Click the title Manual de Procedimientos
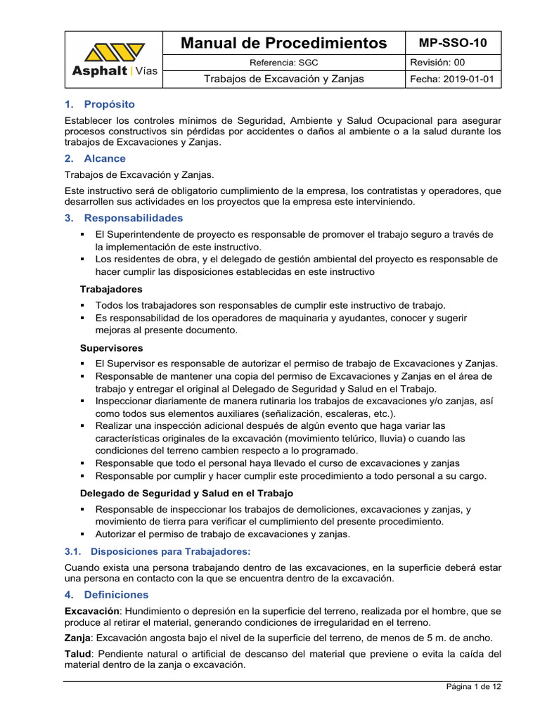tap(283, 43)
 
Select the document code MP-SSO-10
tap(453, 43)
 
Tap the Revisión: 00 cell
tap(436, 63)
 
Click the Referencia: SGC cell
tap(283, 63)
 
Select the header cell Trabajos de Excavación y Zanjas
tap(283, 79)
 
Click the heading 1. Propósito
tap(99, 104)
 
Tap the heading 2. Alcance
tap(95, 158)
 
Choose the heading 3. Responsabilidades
tap(123, 218)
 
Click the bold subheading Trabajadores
tap(111, 289)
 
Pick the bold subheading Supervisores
tap(111, 348)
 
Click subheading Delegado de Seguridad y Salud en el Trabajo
tap(186, 493)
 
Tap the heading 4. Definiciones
tap(106, 595)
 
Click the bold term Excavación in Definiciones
tap(91, 610)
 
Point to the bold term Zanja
tap(77, 638)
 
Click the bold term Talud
tap(77, 653)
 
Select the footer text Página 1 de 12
tap(474, 687)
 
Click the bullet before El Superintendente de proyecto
tap(83, 234)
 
